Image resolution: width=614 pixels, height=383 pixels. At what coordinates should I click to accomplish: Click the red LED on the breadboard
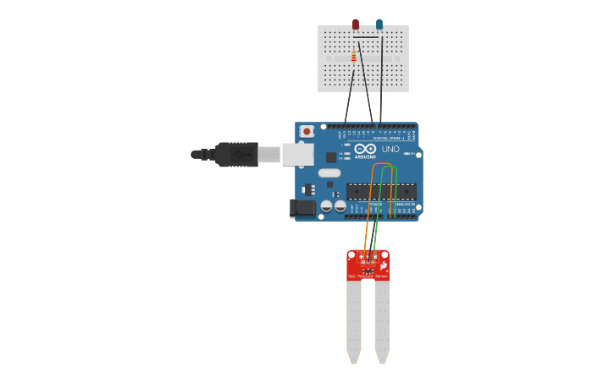[356, 25]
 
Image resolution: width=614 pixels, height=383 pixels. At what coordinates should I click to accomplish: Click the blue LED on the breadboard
[379, 25]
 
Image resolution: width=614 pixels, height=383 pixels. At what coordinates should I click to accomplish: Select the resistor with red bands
[354, 57]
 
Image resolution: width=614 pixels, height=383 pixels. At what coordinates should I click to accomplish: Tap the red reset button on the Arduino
[307, 131]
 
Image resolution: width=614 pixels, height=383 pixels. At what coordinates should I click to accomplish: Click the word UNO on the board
[390, 149]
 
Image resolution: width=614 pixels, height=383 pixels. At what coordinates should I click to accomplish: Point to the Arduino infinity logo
[365, 149]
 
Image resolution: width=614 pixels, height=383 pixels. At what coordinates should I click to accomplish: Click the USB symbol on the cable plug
[241, 154]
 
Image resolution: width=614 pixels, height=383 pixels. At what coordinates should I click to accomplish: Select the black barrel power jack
[301, 208]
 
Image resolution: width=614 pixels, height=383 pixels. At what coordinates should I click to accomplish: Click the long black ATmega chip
[381, 192]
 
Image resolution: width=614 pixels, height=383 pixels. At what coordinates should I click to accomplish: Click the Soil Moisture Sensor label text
[368, 276]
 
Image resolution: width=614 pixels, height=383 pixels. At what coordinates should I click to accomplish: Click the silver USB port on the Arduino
[297, 154]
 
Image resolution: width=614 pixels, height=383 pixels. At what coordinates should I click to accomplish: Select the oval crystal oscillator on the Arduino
[329, 173]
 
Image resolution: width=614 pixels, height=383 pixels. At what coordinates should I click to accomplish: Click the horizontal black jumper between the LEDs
[366, 37]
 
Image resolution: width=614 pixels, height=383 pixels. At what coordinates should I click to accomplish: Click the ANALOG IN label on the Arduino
[403, 204]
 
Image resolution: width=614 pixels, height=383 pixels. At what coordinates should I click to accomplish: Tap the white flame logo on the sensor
[384, 265]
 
